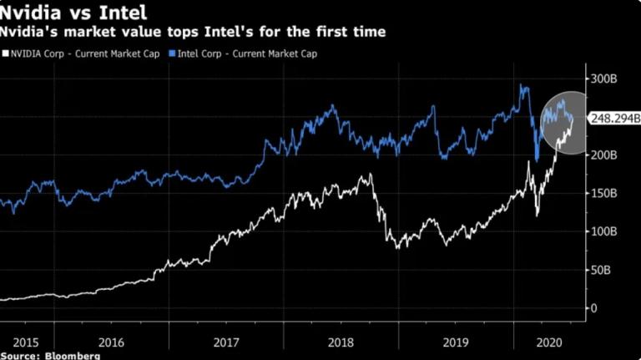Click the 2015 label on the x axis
pos(26,341)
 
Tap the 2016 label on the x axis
pos(111,341)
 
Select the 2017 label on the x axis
pos(226,341)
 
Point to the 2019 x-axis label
pos(456,341)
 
